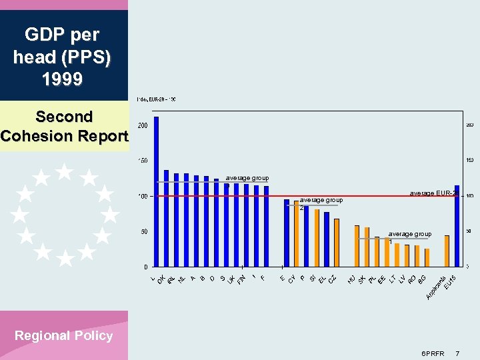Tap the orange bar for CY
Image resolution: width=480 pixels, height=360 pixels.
click(297, 234)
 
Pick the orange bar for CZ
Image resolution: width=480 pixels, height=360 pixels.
click(337, 243)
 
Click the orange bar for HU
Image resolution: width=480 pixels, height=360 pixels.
click(357, 246)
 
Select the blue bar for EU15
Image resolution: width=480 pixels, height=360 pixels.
click(457, 226)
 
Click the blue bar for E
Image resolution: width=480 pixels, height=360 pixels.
click(287, 233)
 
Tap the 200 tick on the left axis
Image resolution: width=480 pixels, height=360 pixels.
click(143, 125)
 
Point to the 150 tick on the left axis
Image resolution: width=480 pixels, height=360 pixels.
click(143, 161)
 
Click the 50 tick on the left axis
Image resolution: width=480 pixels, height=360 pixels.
click(144, 232)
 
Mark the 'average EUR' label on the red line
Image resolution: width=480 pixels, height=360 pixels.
click(432, 193)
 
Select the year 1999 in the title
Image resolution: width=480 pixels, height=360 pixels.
click(62, 80)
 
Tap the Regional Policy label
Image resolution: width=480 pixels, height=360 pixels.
click(63, 336)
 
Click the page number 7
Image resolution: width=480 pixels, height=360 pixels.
click(457, 352)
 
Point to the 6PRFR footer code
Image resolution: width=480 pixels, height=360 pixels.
click(433, 352)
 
